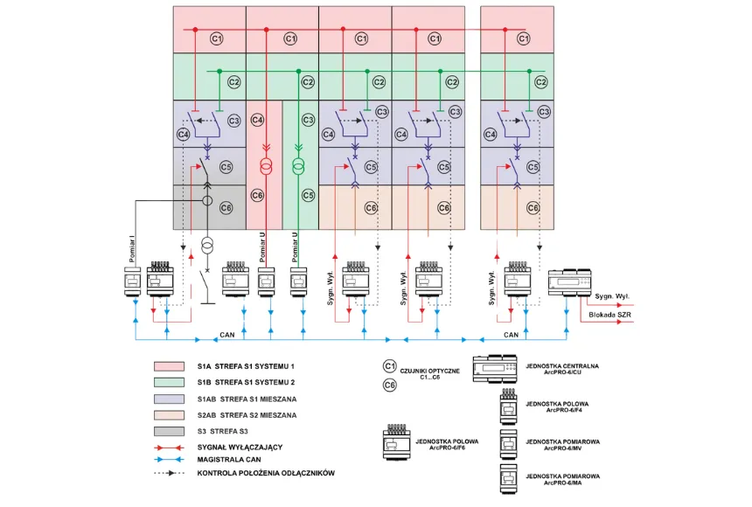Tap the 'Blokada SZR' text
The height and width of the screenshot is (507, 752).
pos(610,313)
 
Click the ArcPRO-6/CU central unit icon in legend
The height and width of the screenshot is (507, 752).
pos(495,370)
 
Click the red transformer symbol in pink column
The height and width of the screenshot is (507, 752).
pos(268,166)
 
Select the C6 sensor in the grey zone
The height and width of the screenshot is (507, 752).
pos(226,207)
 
